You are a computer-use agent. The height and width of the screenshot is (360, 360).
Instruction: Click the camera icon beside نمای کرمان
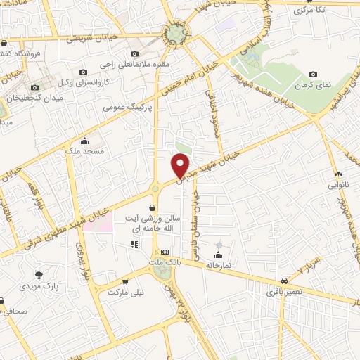[x=313, y=75]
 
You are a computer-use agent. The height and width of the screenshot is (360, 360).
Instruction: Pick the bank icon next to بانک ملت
[x=165, y=252]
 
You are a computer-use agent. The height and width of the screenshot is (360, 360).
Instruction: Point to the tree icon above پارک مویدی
[x=39, y=275]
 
